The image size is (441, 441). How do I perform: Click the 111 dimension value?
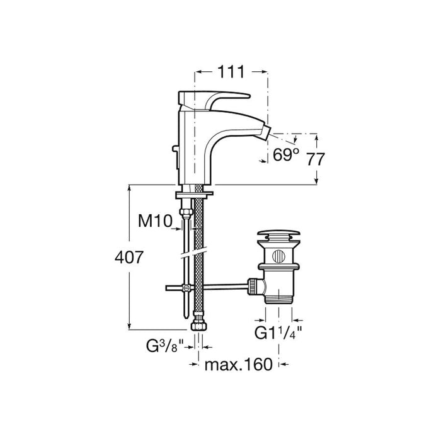pos(231,72)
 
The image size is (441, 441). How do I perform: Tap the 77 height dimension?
pos(315,159)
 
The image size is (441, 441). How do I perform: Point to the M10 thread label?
pos(155,220)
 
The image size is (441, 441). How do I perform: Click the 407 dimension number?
pos(129,257)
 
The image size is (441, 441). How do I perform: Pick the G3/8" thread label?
pos(165,346)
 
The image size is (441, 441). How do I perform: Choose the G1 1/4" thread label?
pos(278,333)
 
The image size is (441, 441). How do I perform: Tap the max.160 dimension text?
pos(239,365)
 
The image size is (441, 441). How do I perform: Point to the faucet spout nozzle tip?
pos(266,132)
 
